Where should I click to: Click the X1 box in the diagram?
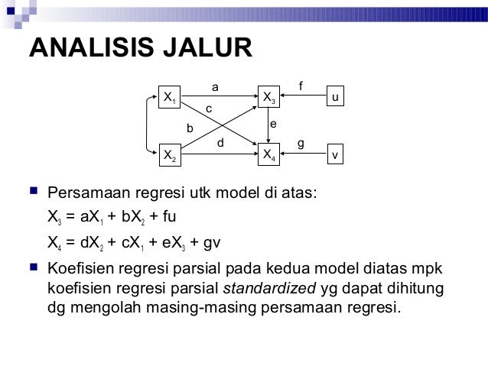169,97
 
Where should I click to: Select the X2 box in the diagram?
169,154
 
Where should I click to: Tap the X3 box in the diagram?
270,97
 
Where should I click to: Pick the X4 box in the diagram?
270,154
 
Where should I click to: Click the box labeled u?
336,97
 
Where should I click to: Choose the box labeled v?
336,154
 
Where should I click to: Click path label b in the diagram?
190,128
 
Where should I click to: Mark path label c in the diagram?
208,110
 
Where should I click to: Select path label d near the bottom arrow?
220,142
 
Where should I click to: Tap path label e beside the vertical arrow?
273,124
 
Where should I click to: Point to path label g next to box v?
301,143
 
